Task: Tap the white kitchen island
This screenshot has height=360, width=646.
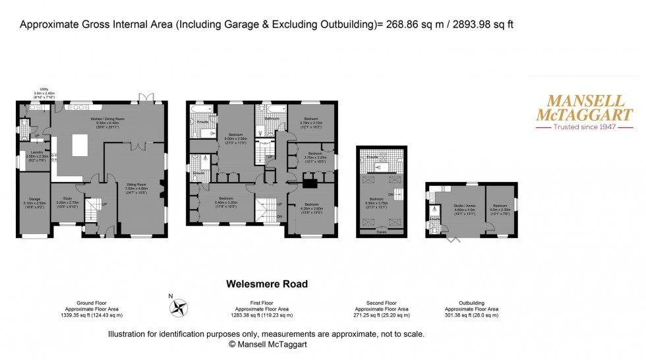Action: tap(80, 144)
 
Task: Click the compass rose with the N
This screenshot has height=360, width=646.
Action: tap(179, 307)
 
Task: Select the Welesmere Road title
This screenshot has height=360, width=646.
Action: tap(266, 284)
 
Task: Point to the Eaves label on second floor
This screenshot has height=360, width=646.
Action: tap(381, 231)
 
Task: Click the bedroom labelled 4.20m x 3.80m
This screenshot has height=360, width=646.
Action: tap(311, 210)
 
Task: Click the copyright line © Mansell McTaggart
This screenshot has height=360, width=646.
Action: tap(268, 344)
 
